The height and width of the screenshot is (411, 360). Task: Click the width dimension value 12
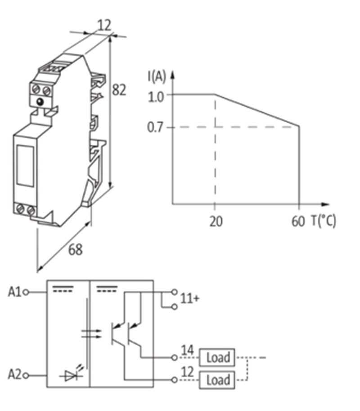click(x=104, y=25)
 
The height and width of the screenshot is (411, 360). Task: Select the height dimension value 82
click(x=119, y=90)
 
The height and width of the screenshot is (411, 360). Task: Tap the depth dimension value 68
click(x=75, y=249)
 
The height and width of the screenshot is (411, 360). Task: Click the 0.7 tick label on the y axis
click(x=156, y=128)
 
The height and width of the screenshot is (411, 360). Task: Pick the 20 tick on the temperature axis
click(x=216, y=221)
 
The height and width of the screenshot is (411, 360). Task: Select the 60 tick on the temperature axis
click(x=298, y=221)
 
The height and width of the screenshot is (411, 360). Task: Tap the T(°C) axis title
click(x=323, y=221)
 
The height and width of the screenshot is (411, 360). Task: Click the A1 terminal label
click(x=14, y=292)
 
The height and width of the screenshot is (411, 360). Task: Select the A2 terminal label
click(x=14, y=374)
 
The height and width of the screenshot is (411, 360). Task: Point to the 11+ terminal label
click(x=189, y=298)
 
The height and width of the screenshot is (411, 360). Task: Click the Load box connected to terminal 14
click(x=217, y=358)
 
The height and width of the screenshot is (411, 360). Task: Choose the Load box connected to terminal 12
click(x=217, y=380)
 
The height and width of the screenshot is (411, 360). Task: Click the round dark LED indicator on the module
click(x=41, y=102)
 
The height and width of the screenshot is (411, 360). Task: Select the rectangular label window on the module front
click(x=25, y=166)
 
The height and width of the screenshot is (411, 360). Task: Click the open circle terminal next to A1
click(x=26, y=292)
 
